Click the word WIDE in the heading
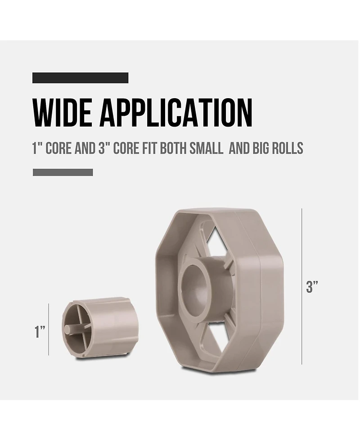[63, 113]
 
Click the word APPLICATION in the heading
[176, 113]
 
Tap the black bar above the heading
[81, 78]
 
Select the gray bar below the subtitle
[63, 172]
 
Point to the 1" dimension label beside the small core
[40, 331]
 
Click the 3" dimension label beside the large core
[312, 286]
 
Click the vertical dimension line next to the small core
[49, 330]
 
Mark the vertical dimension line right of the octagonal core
[302, 286]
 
